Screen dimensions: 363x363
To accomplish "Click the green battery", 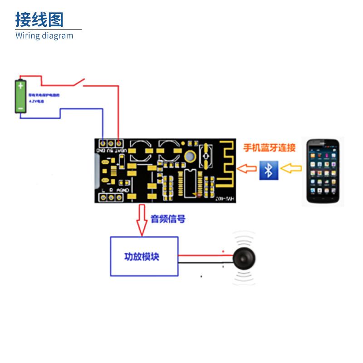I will (x=20, y=96).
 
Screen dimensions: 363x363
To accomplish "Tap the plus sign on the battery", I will (x=20, y=85).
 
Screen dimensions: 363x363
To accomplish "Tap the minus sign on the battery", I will (x=20, y=108).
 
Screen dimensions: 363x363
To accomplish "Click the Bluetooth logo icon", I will (x=269, y=170).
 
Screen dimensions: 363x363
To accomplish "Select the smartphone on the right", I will (x=323, y=171).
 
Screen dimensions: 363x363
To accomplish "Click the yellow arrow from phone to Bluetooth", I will (x=291, y=169).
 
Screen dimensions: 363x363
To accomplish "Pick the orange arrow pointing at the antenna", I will (x=247, y=169).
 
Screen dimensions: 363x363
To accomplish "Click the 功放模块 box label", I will (x=142, y=257).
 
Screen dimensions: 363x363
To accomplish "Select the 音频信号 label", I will (x=168, y=219).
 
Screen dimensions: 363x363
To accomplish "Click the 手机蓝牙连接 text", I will (x=270, y=147).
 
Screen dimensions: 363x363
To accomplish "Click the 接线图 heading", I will (x=39, y=20).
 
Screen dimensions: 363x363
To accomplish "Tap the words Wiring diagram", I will (x=44, y=36).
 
